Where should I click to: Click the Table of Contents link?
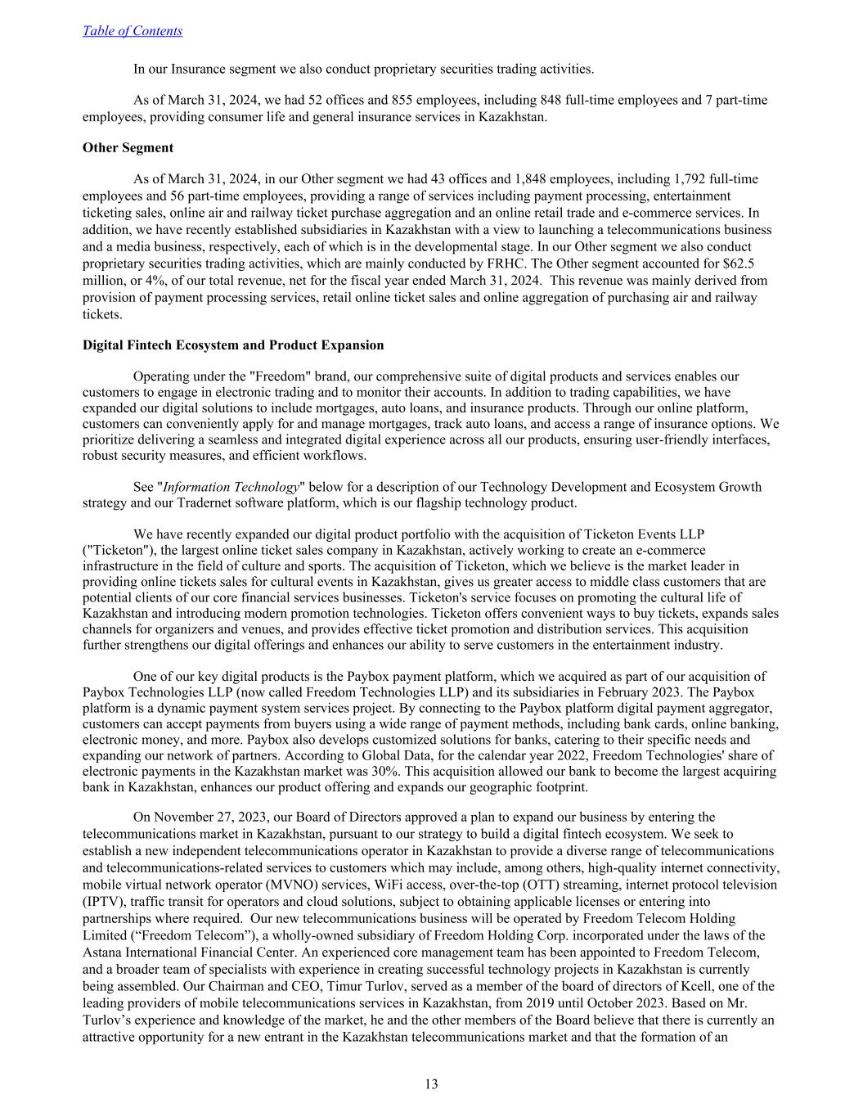133,31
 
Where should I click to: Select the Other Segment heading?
128,148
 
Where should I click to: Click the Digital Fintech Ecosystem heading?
232,345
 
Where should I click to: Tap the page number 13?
431,1084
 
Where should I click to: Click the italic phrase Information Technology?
231,487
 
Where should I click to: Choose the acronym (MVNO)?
294,885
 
